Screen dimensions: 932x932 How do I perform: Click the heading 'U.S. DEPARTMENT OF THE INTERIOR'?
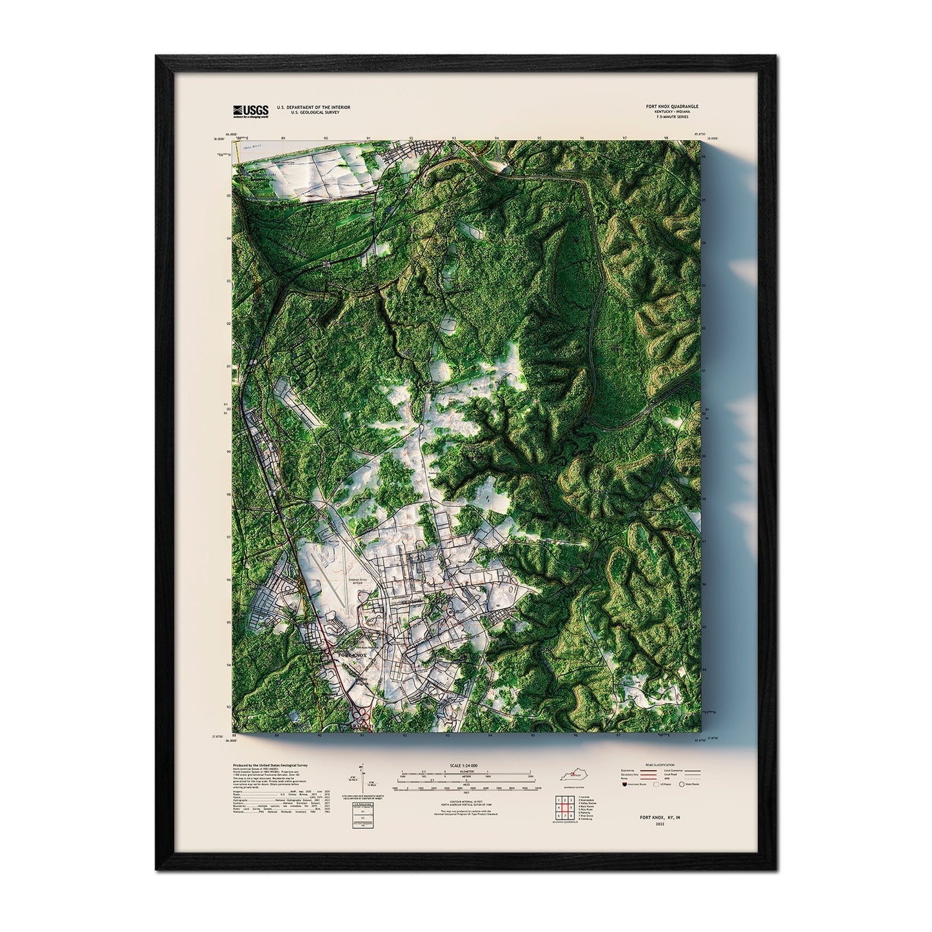coord(313,106)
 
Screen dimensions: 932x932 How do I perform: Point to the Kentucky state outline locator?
coord(573,774)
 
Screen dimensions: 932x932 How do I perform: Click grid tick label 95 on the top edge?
coord(539,138)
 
